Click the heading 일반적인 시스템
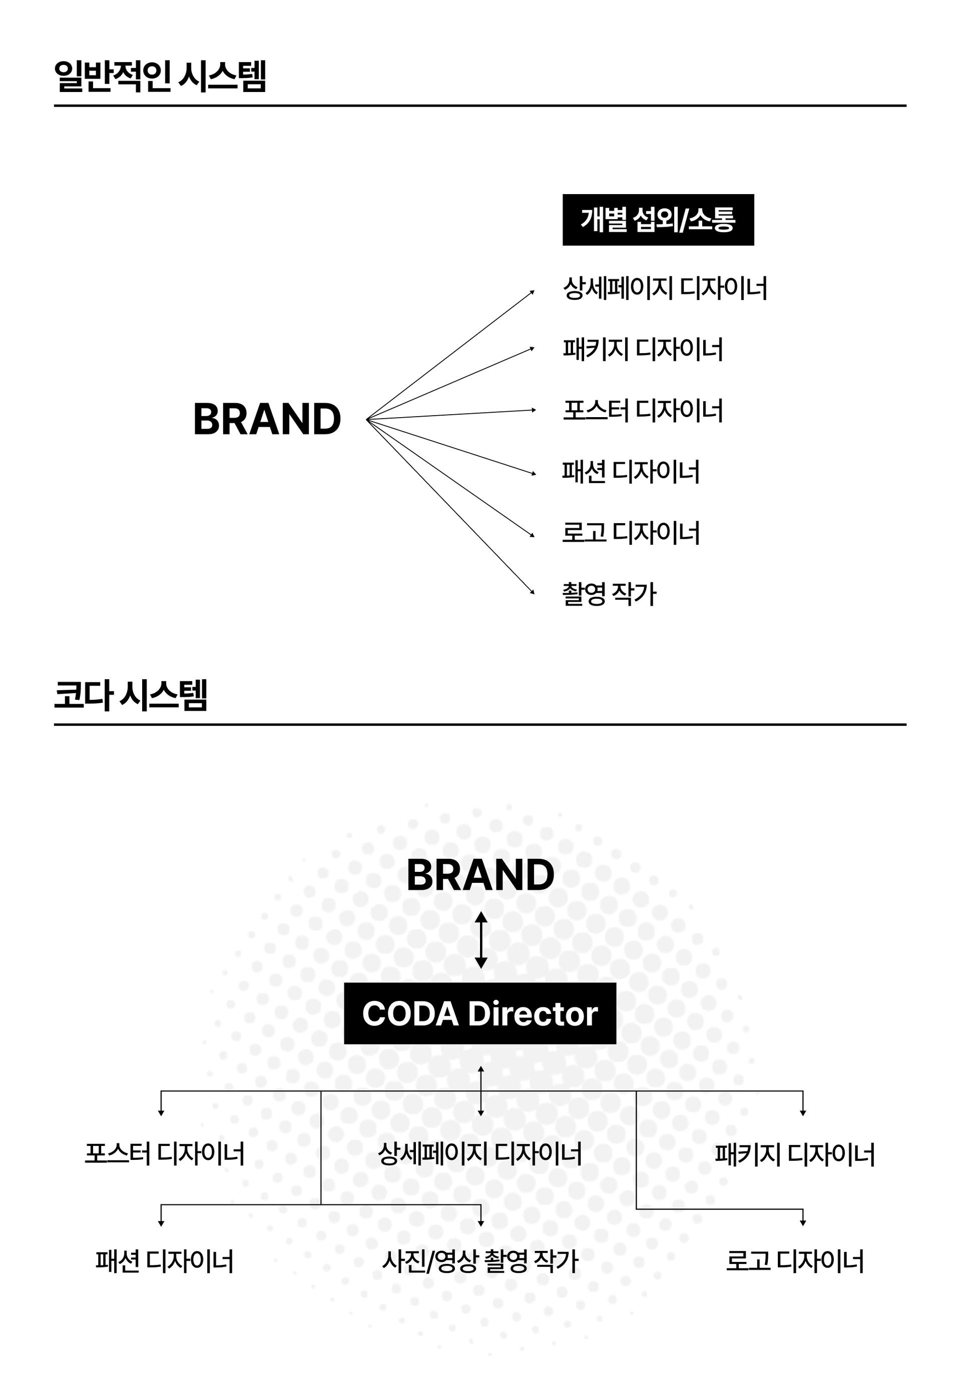tap(160, 76)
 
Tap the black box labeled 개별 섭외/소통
tap(658, 220)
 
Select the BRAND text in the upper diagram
tap(267, 420)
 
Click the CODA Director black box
tap(480, 1013)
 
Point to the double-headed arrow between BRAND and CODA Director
tap(480, 940)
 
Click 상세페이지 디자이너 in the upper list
tap(665, 288)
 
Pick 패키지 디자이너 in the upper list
tap(643, 349)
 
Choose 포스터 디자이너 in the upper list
tap(643, 410)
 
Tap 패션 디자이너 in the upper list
tap(631, 472)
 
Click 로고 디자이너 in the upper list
tap(631, 533)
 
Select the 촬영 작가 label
tap(609, 594)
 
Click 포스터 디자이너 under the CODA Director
tap(164, 1153)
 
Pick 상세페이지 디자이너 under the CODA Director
tap(480, 1153)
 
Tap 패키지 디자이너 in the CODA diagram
tap(795, 1154)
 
